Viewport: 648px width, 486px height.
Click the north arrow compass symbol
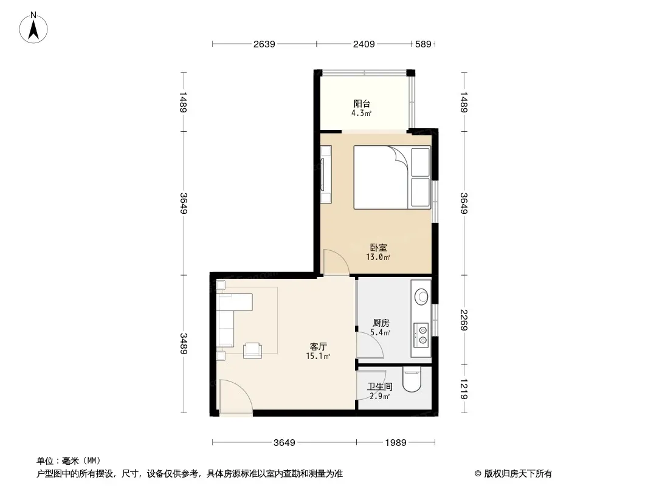click(33, 28)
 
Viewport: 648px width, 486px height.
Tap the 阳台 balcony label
click(362, 104)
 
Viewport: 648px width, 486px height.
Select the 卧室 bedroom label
click(378, 247)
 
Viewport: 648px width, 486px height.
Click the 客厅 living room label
click(318, 346)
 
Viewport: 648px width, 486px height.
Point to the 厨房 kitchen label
click(381, 323)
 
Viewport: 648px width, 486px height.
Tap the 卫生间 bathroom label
click(380, 386)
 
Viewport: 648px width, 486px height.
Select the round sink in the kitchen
click(421, 296)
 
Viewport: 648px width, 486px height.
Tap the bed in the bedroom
click(391, 177)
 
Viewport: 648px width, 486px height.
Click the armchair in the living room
click(252, 350)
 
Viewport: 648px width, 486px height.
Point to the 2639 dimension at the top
click(264, 44)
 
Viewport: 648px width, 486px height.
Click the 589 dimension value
click(423, 44)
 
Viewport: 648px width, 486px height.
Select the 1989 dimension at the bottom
click(396, 443)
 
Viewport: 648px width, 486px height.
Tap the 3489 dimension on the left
click(184, 344)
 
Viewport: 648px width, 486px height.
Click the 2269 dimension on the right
click(464, 320)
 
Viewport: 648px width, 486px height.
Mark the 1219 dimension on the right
click(464, 389)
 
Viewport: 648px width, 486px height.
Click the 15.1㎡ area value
click(318, 356)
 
